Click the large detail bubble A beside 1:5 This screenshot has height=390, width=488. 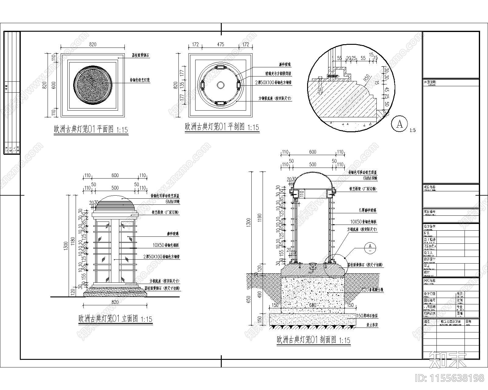(x=399, y=124)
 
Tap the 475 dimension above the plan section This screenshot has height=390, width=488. (x=221, y=44)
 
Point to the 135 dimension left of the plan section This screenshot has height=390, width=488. (x=182, y=84)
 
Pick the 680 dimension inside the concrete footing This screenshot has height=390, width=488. (x=313, y=305)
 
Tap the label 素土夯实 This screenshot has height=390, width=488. (x=371, y=325)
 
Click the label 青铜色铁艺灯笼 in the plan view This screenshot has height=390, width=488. (x=140, y=80)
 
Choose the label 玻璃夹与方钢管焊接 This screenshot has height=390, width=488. (x=278, y=74)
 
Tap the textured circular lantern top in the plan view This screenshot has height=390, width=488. (x=93, y=85)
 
